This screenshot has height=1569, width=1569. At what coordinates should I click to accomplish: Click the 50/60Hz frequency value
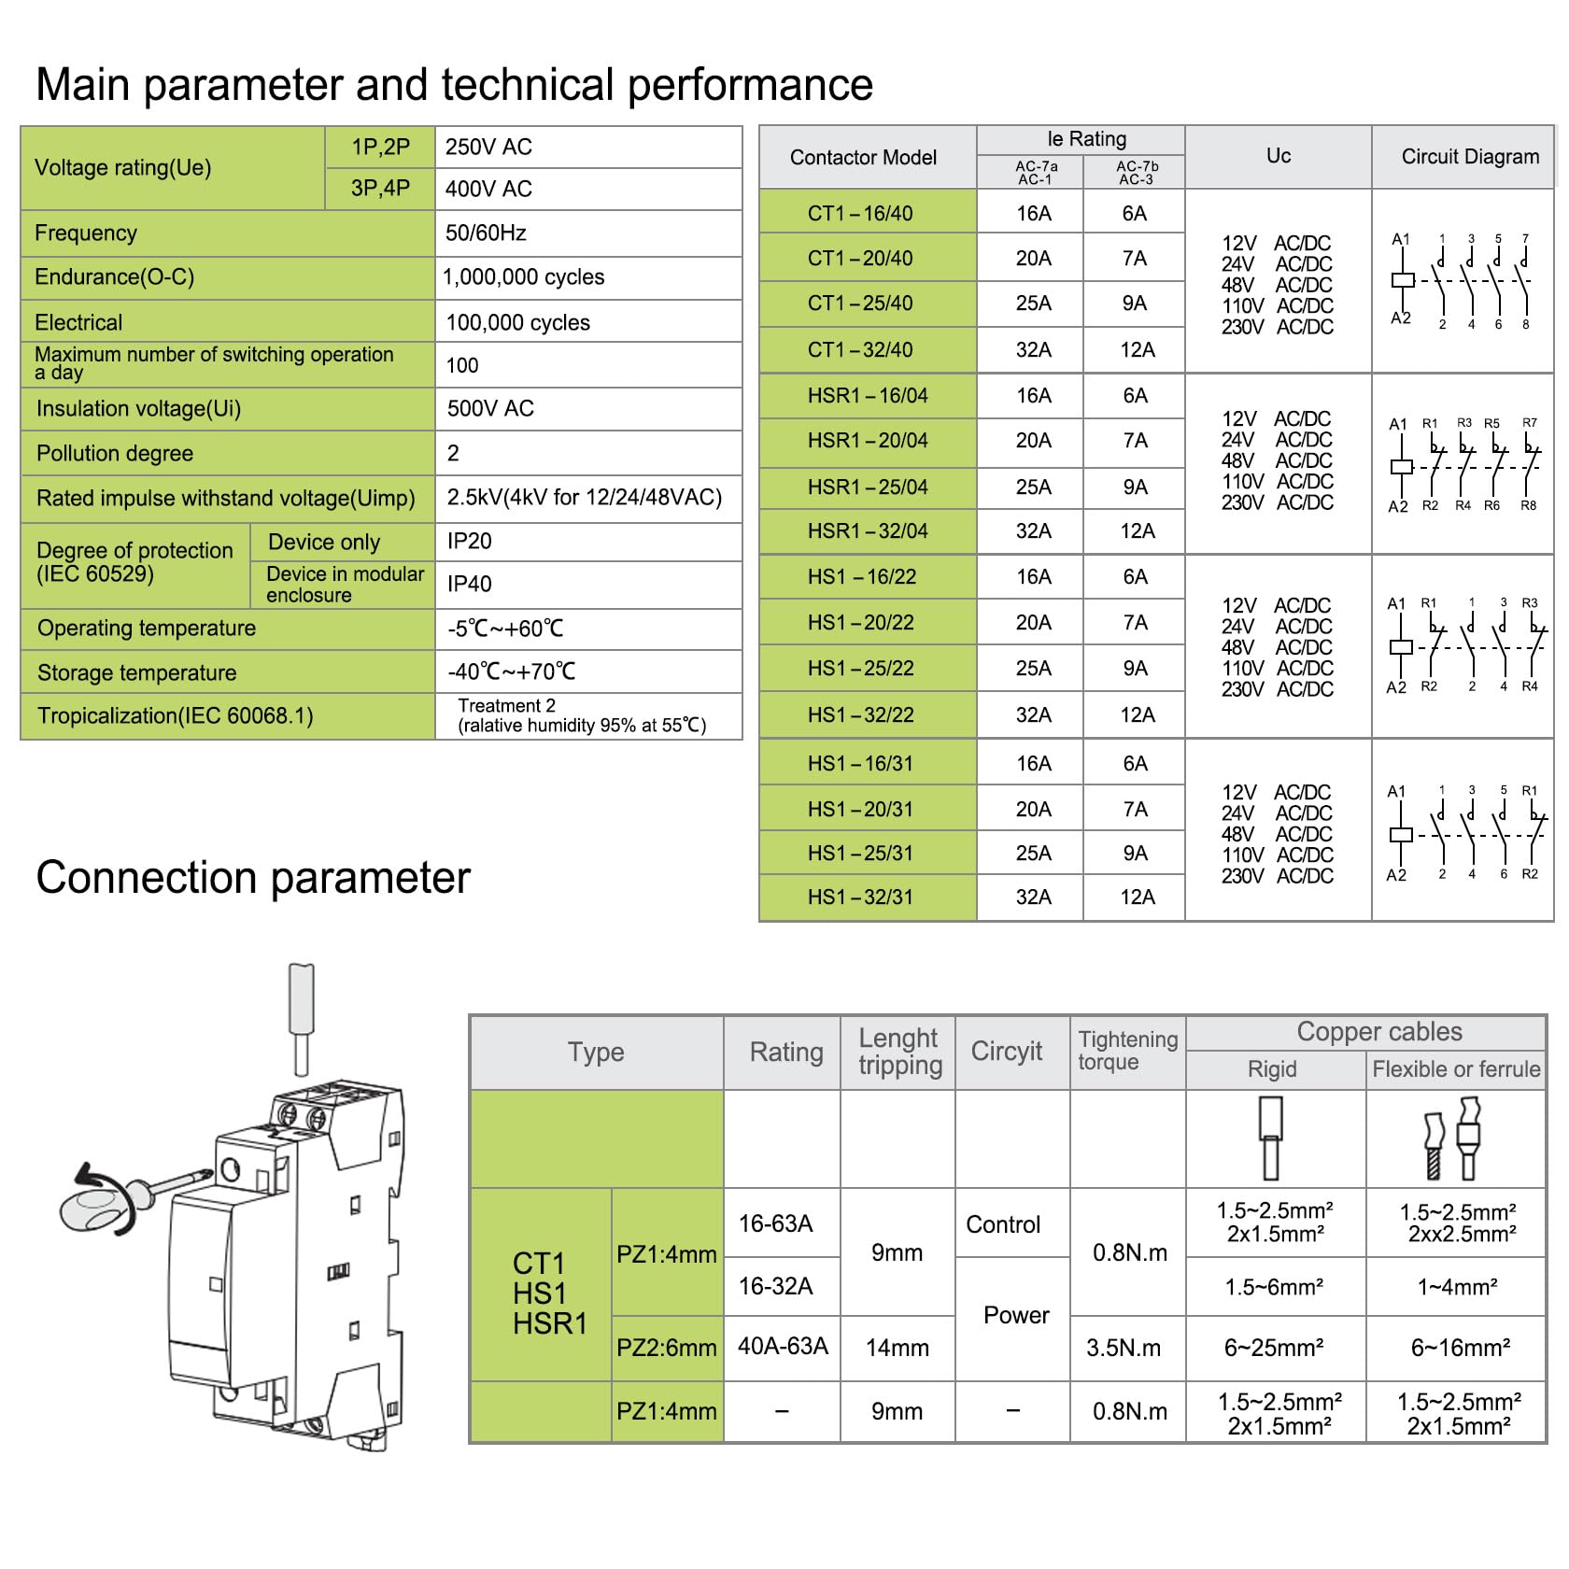(486, 233)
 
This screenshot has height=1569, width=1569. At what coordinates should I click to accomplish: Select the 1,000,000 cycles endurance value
(523, 277)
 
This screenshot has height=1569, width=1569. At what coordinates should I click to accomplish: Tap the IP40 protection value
(469, 584)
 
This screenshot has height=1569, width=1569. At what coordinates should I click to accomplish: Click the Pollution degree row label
(115, 454)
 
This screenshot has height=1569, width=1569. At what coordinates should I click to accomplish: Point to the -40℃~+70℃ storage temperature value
(512, 671)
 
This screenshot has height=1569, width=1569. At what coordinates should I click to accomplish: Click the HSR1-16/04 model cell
(868, 396)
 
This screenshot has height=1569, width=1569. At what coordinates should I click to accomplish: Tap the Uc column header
(1279, 156)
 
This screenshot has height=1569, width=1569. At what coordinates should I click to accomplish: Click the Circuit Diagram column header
(1470, 157)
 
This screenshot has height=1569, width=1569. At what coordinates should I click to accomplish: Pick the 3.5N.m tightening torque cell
(1124, 1348)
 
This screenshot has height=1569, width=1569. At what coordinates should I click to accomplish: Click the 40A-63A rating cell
(783, 1346)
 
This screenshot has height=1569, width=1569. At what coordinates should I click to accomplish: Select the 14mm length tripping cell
(898, 1348)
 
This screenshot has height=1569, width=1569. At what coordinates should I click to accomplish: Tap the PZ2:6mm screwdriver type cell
(667, 1348)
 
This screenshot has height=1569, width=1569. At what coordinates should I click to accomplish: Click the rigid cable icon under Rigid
(1270, 1138)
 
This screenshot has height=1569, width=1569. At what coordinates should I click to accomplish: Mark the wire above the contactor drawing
(302, 1020)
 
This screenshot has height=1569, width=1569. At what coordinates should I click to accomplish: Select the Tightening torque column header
(1128, 1051)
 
